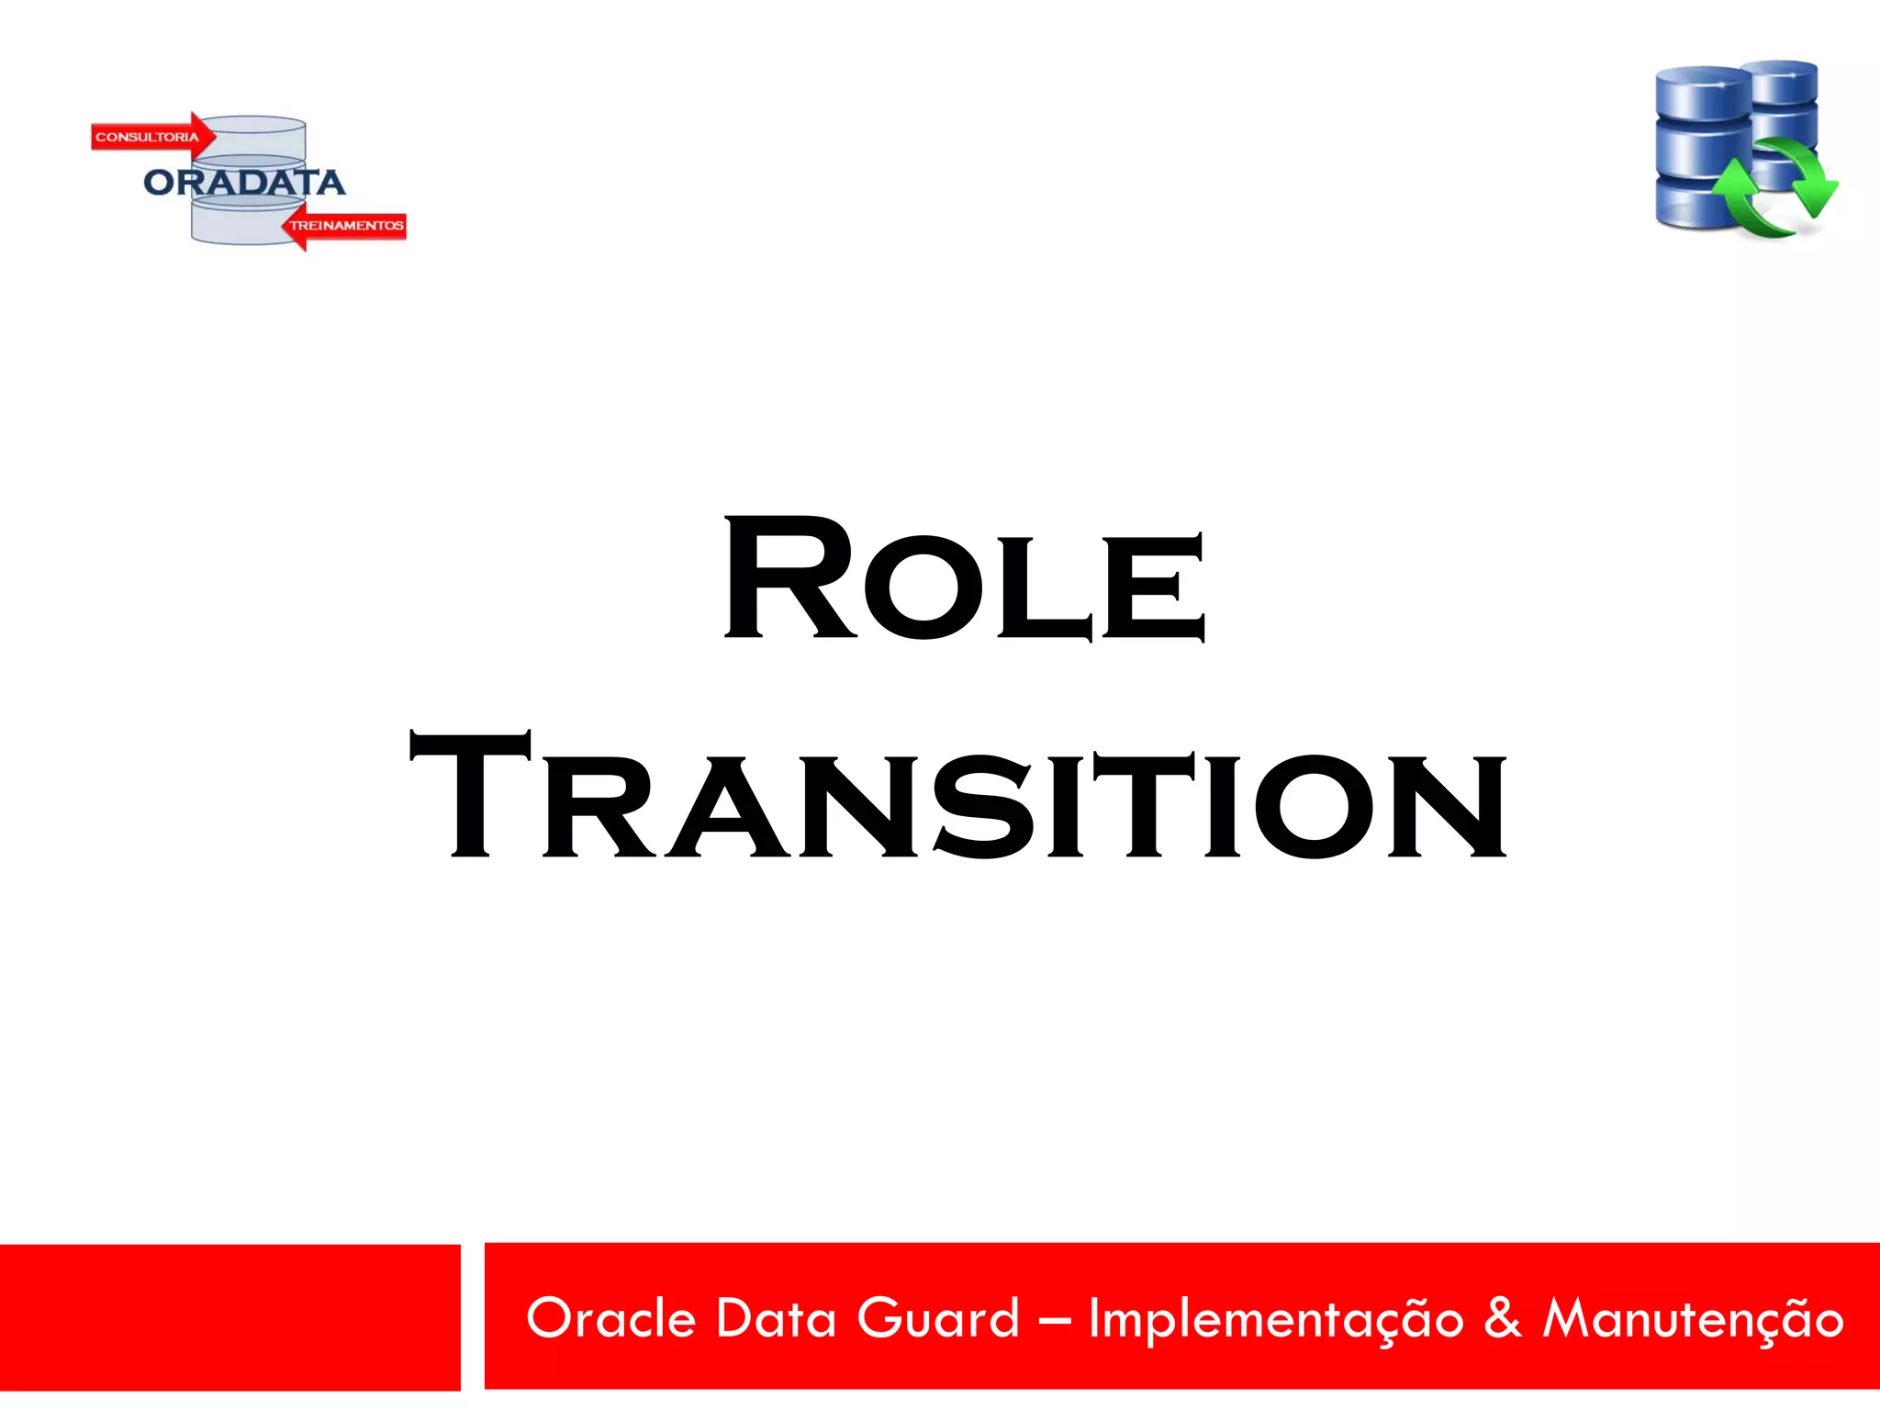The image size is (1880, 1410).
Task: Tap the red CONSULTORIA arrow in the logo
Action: pyautogui.click(x=151, y=137)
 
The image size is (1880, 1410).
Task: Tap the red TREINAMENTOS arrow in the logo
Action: pyautogui.click(x=345, y=226)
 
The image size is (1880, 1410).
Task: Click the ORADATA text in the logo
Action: pyautogui.click(x=244, y=183)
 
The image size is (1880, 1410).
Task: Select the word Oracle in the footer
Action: pyautogui.click(x=610, y=1319)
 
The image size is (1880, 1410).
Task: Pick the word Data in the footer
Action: pyautogui.click(x=776, y=1319)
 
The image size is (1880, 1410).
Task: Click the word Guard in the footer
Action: pyautogui.click(x=938, y=1319)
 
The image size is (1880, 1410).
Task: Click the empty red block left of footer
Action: pyautogui.click(x=229, y=1317)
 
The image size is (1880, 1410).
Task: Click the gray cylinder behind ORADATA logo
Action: pyautogui.click(x=248, y=220)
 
